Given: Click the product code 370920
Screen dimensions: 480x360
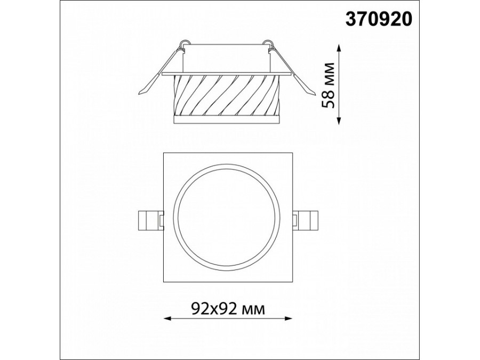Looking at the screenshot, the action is pyautogui.click(x=379, y=20).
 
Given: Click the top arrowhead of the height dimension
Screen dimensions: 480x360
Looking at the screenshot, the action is pyautogui.click(x=339, y=48).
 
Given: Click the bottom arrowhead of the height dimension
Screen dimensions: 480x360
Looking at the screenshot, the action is pyautogui.click(x=339, y=121).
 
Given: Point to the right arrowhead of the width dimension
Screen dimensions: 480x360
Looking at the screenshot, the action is pyautogui.click(x=288, y=318).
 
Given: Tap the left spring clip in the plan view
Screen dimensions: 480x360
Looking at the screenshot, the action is pyautogui.click(x=150, y=220).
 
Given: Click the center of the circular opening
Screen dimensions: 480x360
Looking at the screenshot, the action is pyautogui.click(x=228, y=218).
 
